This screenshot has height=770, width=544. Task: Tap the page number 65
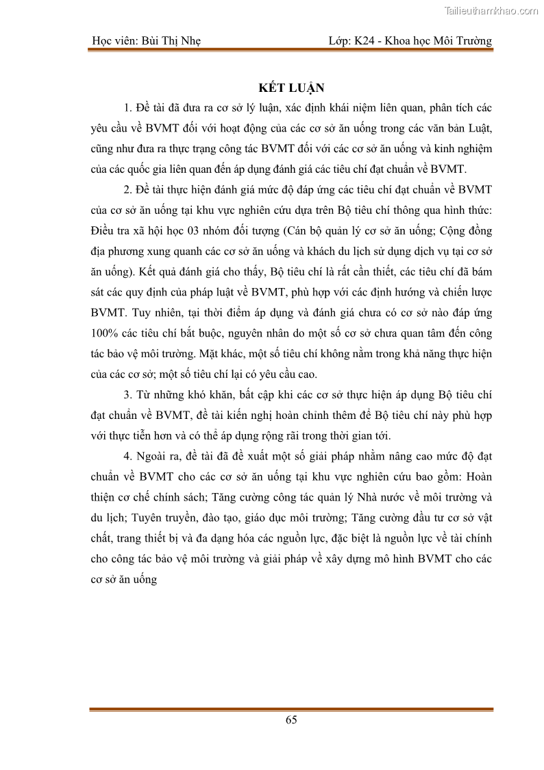(x=291, y=719)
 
